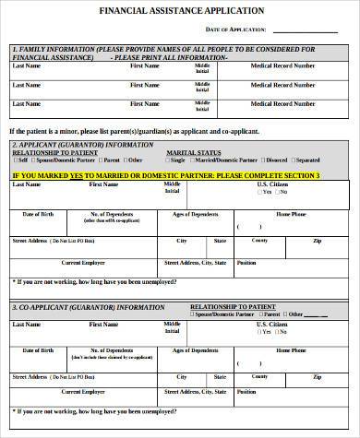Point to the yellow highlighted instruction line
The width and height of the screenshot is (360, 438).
[x=166, y=175]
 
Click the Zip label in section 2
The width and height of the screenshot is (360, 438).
[x=318, y=240]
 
